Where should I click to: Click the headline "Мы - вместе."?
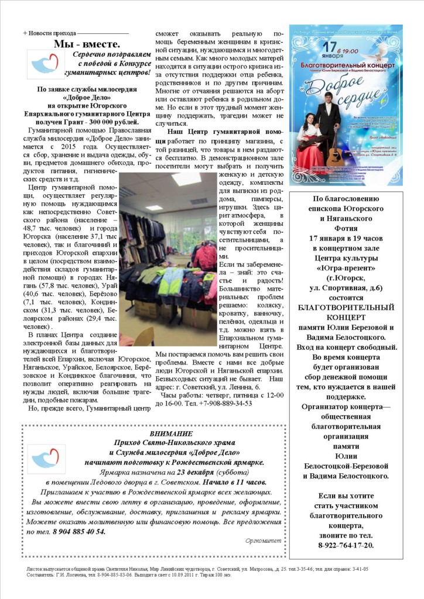click(87, 44)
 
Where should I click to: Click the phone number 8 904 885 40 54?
click(76, 531)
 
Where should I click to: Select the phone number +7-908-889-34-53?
click(225, 403)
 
